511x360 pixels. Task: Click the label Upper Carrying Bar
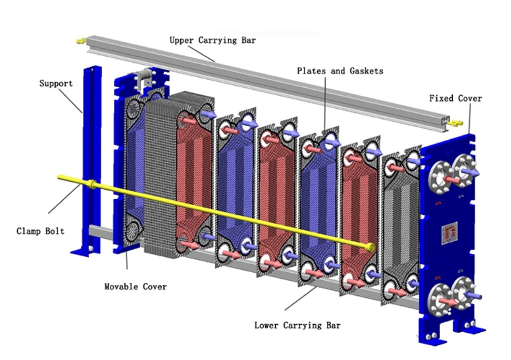(212, 40)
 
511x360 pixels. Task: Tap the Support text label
(56, 84)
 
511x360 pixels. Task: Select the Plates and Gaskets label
(340, 70)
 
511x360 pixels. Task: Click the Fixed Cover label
(455, 98)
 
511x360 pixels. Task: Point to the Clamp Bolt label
(40, 231)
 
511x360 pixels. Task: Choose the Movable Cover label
(135, 286)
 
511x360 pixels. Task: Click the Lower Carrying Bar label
(297, 325)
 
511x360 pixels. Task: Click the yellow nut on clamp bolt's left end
(92, 184)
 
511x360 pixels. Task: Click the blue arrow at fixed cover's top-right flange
(471, 172)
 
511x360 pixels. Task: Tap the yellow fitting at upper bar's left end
(80, 40)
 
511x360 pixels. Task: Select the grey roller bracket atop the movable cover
(143, 80)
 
